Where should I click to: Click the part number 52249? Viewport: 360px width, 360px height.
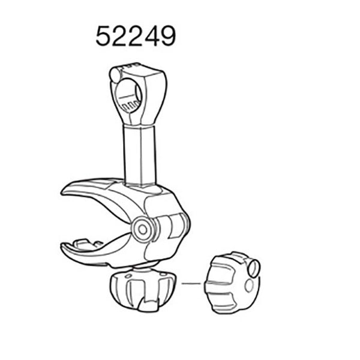coord(136,37)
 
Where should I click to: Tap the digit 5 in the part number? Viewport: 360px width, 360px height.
coord(104,37)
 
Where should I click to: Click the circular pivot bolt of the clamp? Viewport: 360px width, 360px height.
coord(143,229)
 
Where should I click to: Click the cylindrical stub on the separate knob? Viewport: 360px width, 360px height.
coord(253,268)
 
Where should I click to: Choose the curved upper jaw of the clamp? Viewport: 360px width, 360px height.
coord(99,195)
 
